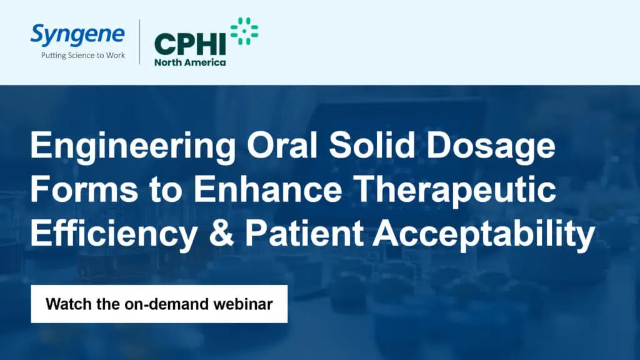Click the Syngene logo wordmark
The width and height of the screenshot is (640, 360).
tap(77, 35)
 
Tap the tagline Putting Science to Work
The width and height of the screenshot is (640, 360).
tap(83, 56)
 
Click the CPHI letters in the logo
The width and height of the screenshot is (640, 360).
tap(190, 44)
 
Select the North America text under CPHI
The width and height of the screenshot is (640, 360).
tap(190, 62)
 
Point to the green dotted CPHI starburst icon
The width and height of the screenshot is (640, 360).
tap(244, 31)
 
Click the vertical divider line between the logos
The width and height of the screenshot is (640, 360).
tap(139, 42)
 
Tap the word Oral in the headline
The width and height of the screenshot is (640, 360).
tap(282, 145)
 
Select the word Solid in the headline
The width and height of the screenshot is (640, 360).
tap(372, 145)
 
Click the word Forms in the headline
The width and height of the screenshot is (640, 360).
tap(84, 189)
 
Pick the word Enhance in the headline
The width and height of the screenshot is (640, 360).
tap(267, 189)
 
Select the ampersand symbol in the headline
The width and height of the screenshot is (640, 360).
tap(221, 234)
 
